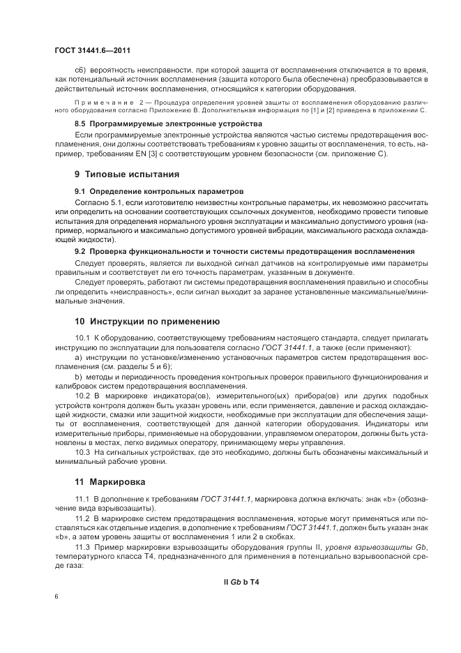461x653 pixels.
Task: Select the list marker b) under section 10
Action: pyautogui.click(x=78, y=376)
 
